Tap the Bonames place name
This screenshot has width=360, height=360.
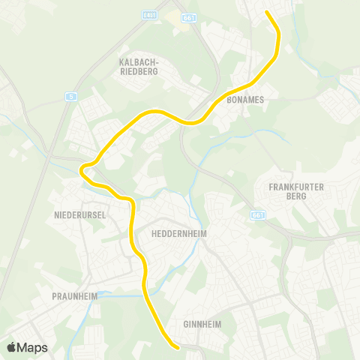241,98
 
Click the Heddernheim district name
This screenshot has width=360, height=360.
178,233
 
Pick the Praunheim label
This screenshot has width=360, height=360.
74,296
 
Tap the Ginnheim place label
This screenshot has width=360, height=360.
201,325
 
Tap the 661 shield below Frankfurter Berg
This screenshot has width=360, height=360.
258,215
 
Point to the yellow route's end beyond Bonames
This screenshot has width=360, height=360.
267,12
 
